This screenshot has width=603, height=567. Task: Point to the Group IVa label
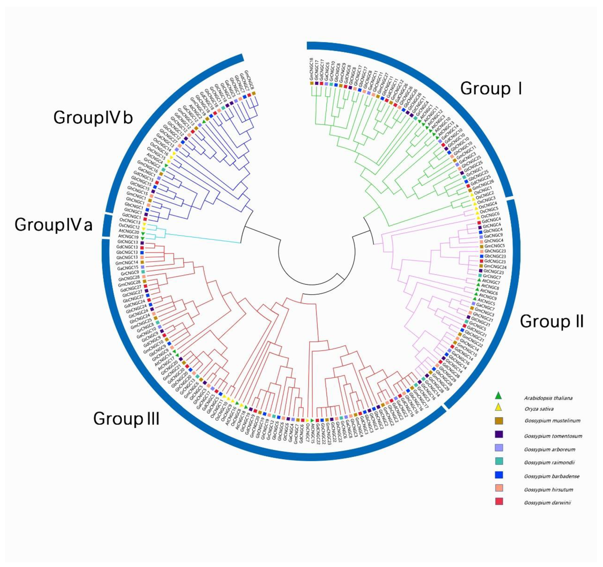tap(53, 225)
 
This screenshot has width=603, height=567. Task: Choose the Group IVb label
tap(93, 118)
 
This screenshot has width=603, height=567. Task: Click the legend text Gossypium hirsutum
tap(548, 490)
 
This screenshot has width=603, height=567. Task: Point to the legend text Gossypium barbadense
tap(551, 476)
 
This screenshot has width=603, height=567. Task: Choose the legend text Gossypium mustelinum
tap(552, 421)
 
